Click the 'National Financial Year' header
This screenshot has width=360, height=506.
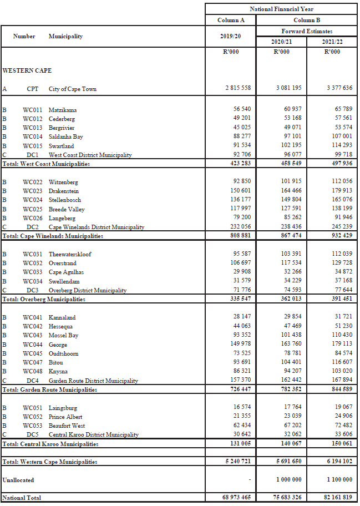[282, 9]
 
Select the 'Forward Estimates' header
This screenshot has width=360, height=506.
[307, 31]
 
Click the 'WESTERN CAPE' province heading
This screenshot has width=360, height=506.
[27, 70]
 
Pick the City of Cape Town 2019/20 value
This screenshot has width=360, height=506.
[238, 88]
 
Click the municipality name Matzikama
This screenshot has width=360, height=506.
[63, 110]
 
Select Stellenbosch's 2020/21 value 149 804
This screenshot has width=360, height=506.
[289, 200]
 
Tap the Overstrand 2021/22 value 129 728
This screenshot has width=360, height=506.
[339, 263]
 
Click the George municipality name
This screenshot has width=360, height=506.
[58, 345]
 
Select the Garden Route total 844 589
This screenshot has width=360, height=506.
[339, 389]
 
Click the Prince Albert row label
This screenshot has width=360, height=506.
[65, 417]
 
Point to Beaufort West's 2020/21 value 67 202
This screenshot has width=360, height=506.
[289, 426]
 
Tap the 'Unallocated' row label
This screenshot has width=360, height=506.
[18, 479]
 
